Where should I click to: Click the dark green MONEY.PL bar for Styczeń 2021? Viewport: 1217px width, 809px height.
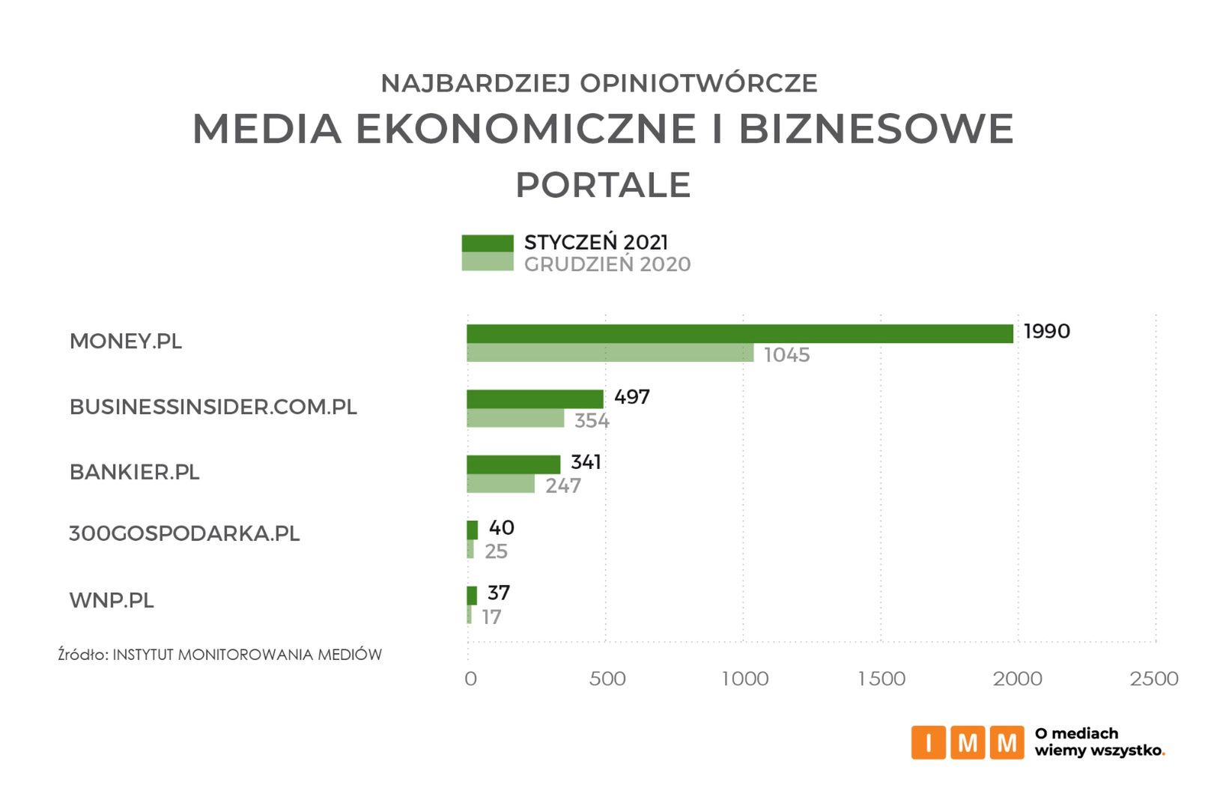click(x=739, y=334)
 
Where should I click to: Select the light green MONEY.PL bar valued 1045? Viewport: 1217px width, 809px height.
click(x=610, y=353)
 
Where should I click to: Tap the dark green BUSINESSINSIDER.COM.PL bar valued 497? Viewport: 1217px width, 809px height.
click(x=535, y=399)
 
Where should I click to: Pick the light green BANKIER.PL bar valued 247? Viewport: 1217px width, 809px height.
click(x=500, y=484)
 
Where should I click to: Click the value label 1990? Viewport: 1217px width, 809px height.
click(x=1046, y=331)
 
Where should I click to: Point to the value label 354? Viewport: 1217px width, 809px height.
click(x=592, y=420)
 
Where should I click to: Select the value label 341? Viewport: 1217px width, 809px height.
click(x=586, y=462)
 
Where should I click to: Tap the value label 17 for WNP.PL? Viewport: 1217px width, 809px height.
click(x=491, y=617)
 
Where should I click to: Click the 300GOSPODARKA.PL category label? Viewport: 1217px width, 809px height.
click(x=184, y=534)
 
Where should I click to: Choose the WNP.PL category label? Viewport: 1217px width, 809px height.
click(x=112, y=601)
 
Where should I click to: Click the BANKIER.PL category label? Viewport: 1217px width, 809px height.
click(x=134, y=472)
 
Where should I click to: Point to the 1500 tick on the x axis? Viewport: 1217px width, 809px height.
click(x=881, y=679)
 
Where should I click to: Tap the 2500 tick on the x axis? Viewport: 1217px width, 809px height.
click(x=1154, y=679)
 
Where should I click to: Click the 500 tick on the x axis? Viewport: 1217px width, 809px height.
click(x=607, y=679)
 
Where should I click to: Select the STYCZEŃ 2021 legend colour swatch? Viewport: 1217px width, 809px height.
click(x=488, y=243)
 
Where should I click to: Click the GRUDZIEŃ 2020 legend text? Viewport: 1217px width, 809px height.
click(x=607, y=264)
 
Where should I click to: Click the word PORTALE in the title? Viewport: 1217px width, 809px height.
click(x=603, y=185)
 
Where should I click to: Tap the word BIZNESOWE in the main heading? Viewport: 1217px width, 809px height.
click(x=876, y=128)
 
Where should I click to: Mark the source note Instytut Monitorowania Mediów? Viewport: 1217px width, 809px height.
click(x=220, y=655)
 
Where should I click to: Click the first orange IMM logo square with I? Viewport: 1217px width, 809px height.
click(x=929, y=742)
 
